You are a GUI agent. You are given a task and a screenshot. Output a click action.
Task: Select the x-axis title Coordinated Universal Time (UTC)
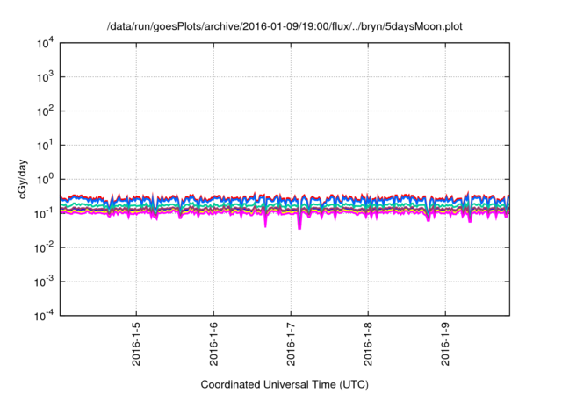point(282,384)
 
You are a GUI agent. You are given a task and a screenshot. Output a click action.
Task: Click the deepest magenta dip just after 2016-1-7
point(299,228)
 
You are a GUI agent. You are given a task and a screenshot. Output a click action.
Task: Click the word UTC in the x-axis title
point(349,384)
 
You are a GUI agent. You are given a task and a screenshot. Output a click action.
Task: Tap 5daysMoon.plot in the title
point(422,27)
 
